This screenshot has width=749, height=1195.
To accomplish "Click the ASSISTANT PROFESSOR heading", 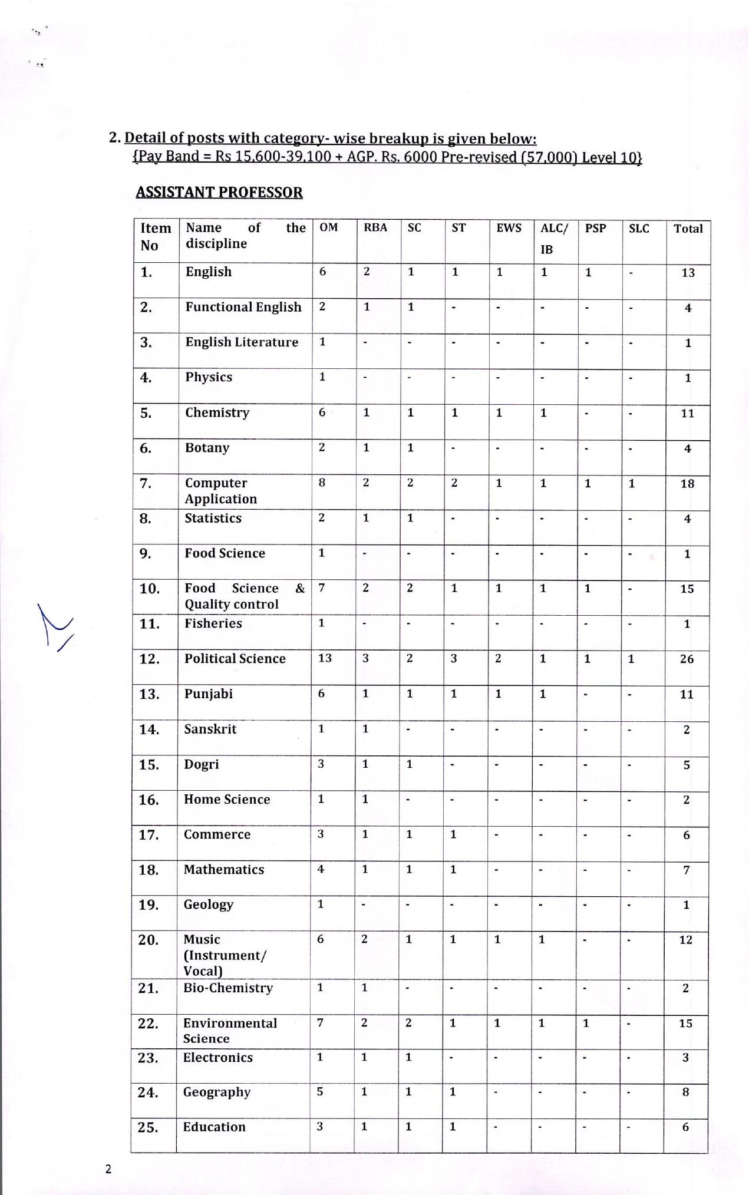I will pos(219,193).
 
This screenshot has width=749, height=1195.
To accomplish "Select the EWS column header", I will pos(509,228).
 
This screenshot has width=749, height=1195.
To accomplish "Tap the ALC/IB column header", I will pos(554,238).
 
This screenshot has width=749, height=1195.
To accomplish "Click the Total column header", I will pos(688,229).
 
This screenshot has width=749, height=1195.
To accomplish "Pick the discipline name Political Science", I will pos(235,659).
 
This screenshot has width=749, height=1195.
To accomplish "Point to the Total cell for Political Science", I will pos(687,659).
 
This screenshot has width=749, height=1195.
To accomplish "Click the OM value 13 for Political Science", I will pos(325,658).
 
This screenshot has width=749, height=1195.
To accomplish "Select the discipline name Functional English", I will pos(243,307).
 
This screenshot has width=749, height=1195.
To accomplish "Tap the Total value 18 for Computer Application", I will pos(687,484).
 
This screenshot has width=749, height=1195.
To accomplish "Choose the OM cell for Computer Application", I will pos(322,483).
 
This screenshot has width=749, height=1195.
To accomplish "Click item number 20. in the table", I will pos(149,940).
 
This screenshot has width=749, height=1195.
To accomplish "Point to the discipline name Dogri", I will pos(201,764).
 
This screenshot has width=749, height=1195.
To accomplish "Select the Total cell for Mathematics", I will pos(686,870).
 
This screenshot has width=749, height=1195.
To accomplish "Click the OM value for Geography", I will pos(320,1091).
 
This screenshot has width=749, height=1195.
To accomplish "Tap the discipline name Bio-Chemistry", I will pos(228,988).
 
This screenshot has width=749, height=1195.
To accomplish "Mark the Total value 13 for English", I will pos(688,273).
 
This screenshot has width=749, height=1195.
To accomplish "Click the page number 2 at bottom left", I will pos(108,1169).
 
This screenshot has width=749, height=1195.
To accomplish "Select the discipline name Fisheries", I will pos(213,623).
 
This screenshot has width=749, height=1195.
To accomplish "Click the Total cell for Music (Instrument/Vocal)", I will pos(685,940).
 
